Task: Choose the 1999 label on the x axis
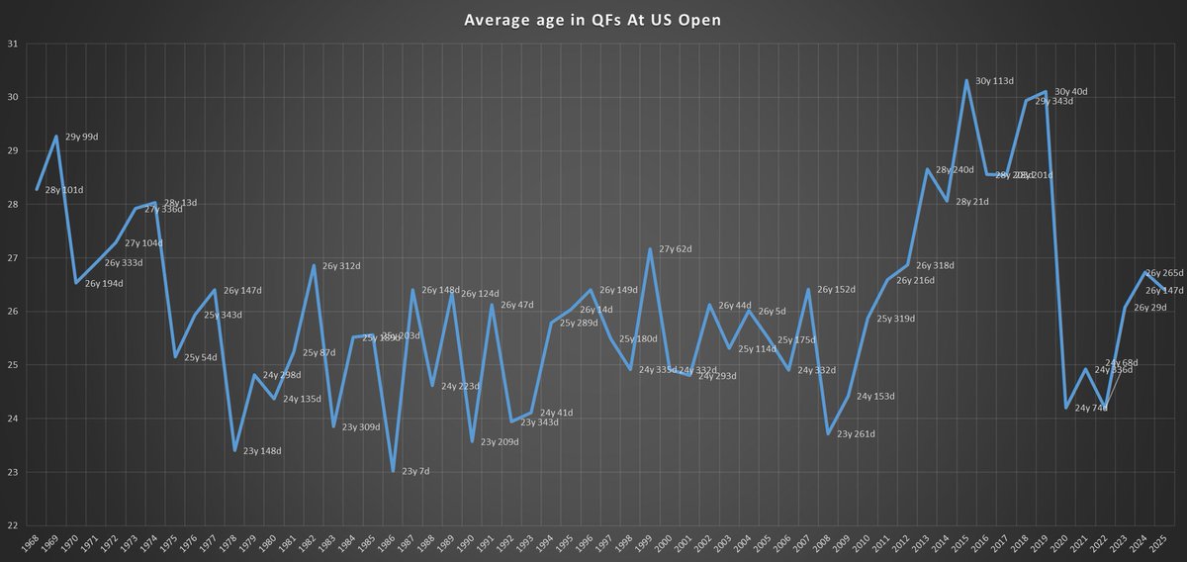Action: pyautogui.click(x=650, y=543)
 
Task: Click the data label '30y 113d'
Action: pyautogui.click(x=994, y=81)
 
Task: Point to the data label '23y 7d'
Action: pyautogui.click(x=415, y=472)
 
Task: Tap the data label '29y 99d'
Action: pyautogui.click(x=83, y=138)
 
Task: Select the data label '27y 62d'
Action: pyautogui.click(x=677, y=249)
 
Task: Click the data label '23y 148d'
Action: pyautogui.click(x=262, y=451)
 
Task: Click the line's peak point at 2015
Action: pyautogui.click(x=966, y=80)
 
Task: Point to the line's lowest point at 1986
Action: pyautogui.click(x=393, y=471)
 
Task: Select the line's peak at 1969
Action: pyautogui.click(x=56, y=137)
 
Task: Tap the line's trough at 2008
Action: pyautogui.click(x=828, y=433)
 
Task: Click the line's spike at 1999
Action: pyautogui.click(x=650, y=249)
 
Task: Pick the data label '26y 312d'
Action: pyautogui.click(x=341, y=266)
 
